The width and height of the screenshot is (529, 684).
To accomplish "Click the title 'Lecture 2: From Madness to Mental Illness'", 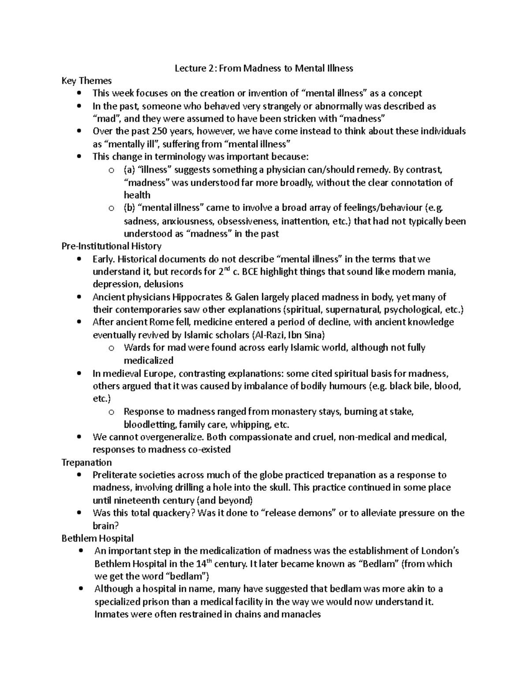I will pyautogui.click(x=264, y=68).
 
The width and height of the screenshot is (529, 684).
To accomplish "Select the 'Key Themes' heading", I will pyautogui.click(x=86, y=81).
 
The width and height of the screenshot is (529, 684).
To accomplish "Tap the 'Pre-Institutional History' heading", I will pyautogui.click(x=112, y=246).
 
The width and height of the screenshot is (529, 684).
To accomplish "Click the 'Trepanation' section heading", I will pyautogui.click(x=86, y=462).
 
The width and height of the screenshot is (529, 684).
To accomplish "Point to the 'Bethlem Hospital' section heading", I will pyautogui.click(x=98, y=538).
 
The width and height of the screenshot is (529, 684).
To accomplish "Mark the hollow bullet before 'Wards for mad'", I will pyautogui.click(x=112, y=348).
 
